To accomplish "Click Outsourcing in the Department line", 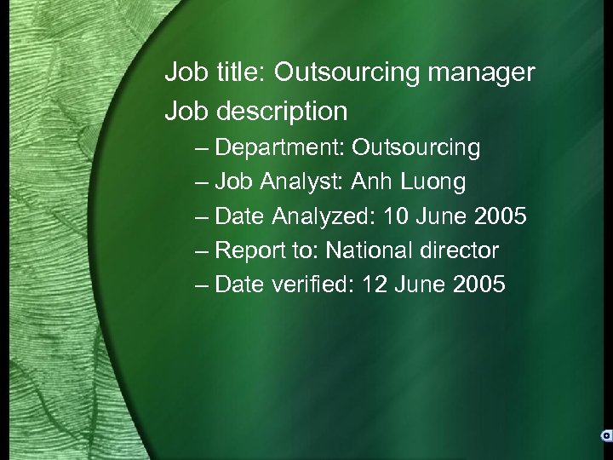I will tap(416, 148).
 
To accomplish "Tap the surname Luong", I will tap(433, 182).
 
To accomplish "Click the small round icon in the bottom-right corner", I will tap(605, 435).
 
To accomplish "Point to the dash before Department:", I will tap(201, 149).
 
